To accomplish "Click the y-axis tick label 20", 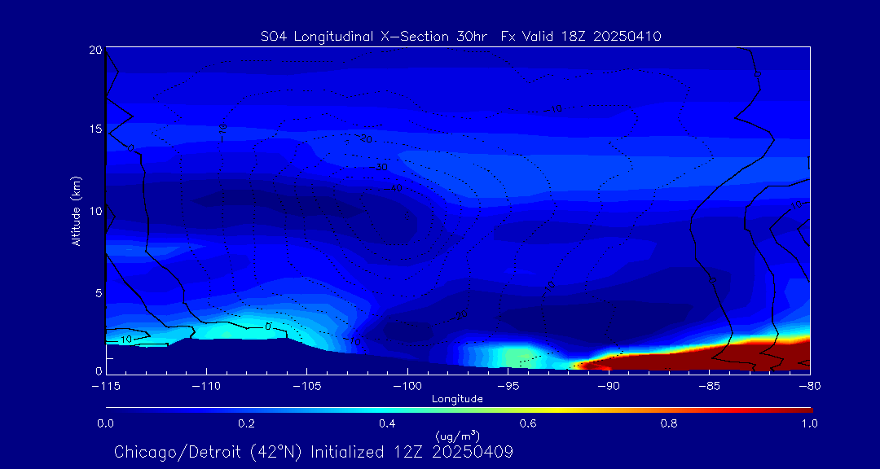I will (95, 50).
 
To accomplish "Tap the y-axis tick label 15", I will (95, 129).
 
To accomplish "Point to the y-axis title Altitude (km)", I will (76, 210).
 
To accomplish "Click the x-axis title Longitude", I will (457, 398).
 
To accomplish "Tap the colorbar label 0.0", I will (105, 423).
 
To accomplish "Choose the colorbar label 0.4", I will (387, 423).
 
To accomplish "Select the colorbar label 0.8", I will (669, 423).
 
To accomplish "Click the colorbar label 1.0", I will (809, 423).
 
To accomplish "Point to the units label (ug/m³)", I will (457, 436).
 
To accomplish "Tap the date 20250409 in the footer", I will (473, 451).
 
